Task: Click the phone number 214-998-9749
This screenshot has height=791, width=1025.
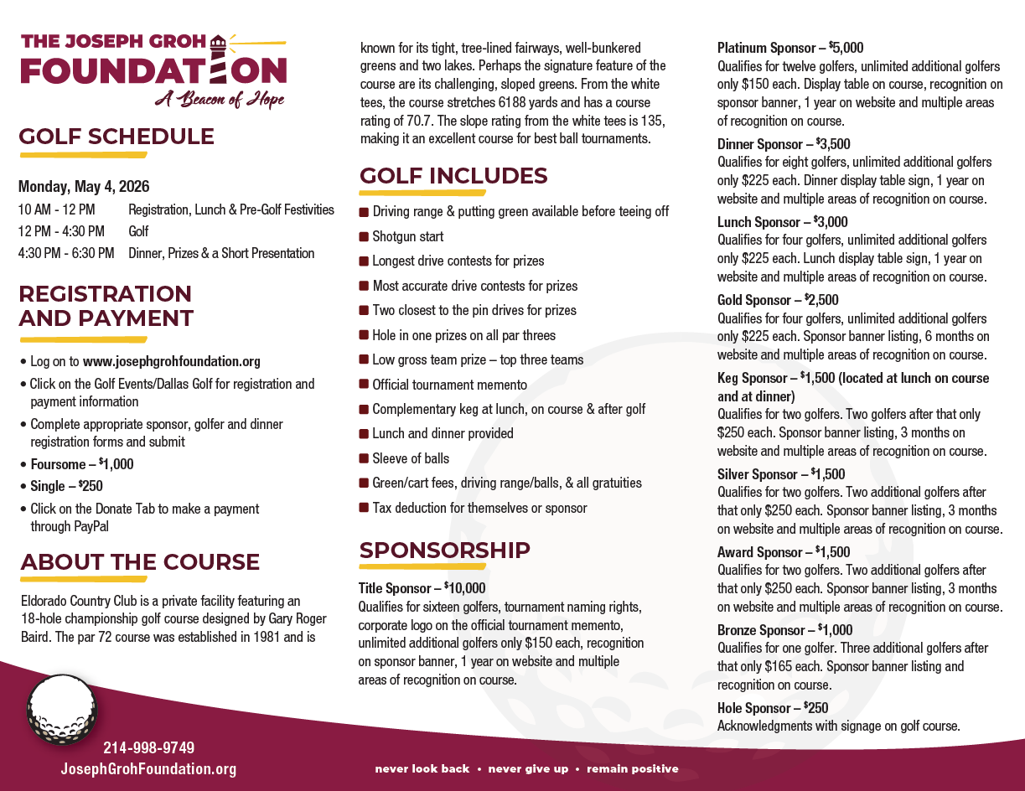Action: click(148, 747)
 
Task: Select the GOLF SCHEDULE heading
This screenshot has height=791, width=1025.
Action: click(116, 137)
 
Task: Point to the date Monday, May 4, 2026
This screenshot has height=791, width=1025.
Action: click(84, 186)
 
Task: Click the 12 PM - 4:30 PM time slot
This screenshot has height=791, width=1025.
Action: click(61, 231)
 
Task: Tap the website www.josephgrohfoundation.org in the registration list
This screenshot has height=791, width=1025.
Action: click(172, 362)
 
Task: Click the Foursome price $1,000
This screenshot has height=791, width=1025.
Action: click(116, 463)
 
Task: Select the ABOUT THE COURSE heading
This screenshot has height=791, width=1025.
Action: click(140, 561)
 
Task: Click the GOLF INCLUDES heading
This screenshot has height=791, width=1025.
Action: click(453, 176)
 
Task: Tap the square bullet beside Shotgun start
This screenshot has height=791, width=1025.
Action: click(364, 237)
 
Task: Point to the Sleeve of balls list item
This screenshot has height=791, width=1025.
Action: click(411, 458)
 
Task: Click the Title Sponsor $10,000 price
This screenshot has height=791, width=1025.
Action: click(465, 588)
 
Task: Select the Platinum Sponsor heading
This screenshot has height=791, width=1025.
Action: click(766, 48)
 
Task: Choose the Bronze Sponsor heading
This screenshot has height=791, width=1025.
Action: click(760, 630)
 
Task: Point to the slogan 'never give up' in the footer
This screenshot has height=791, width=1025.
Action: click(528, 768)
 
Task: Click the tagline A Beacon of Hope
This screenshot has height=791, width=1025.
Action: click(220, 100)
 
